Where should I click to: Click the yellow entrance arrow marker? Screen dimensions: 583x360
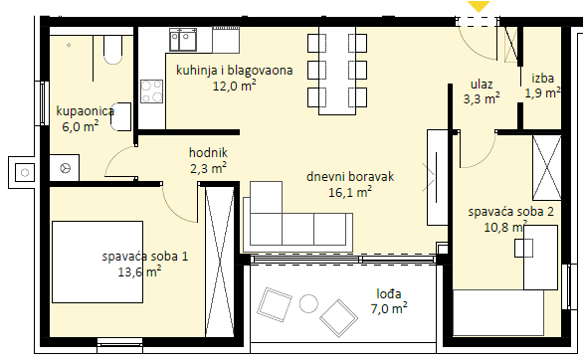click(479, 6)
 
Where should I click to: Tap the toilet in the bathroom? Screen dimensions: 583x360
click(112, 50)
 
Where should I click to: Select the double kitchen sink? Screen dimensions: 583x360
click(183, 40)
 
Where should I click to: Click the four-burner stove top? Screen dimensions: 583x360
click(151, 91)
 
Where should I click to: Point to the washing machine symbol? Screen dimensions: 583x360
click(65, 168)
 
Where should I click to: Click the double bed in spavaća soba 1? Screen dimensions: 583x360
click(97, 262)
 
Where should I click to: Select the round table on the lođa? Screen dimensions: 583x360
click(308, 303)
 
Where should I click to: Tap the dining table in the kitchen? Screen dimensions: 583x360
click(337, 71)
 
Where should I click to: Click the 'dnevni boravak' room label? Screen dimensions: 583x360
click(350, 176)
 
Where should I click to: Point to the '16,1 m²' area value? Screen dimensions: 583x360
click(350, 192)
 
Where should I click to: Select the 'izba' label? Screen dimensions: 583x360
click(543, 79)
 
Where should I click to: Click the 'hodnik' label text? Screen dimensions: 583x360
click(208, 153)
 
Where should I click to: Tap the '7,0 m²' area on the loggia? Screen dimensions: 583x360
click(389, 308)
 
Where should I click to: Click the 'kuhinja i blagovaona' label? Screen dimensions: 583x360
click(234, 71)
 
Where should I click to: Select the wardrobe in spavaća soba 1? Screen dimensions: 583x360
click(220, 262)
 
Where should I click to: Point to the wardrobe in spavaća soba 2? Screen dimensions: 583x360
click(546, 168)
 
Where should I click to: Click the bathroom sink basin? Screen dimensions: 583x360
click(121, 116)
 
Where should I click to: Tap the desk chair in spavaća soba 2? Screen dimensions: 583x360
click(524, 249)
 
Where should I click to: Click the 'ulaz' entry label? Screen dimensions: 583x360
click(482, 85)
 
